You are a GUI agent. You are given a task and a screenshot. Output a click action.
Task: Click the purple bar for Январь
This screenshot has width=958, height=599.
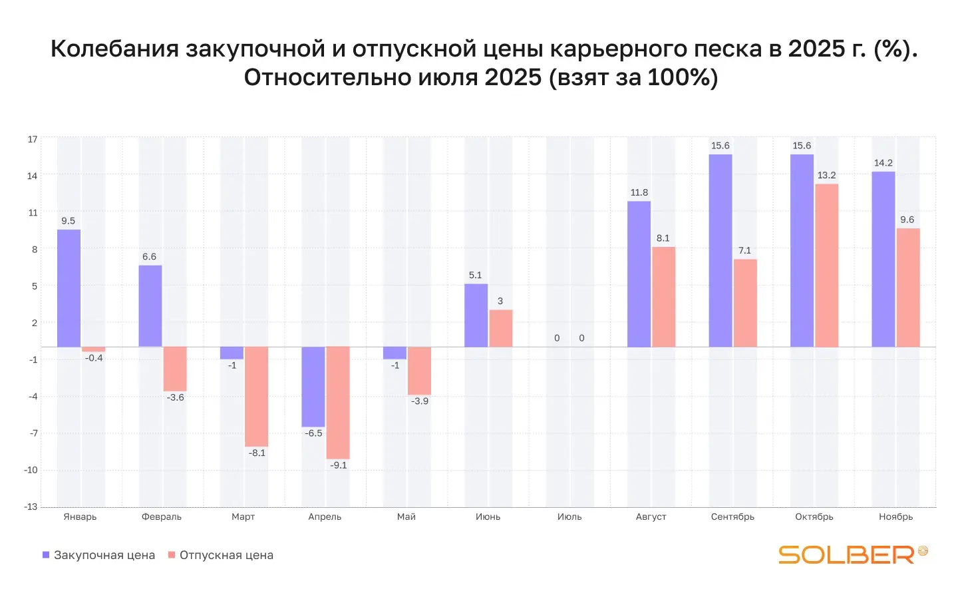69,288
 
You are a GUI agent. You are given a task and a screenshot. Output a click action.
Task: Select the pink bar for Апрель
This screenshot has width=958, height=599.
338,403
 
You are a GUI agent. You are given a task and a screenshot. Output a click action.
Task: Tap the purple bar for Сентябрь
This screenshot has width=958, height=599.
720,250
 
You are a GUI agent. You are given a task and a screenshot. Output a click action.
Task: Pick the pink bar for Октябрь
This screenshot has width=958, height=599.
827,265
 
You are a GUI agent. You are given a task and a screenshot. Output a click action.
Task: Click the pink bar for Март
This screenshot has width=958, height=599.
256,397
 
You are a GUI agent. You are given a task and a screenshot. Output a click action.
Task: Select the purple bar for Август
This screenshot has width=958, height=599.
639,274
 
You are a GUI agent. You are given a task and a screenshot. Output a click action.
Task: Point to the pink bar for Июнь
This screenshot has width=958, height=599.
501,328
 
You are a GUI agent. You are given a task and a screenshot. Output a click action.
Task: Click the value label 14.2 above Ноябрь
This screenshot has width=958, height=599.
883,163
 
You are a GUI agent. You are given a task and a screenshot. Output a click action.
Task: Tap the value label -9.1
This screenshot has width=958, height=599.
339,465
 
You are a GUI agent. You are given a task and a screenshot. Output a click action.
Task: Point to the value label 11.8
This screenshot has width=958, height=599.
639,193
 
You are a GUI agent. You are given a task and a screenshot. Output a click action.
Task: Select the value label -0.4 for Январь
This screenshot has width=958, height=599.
94,358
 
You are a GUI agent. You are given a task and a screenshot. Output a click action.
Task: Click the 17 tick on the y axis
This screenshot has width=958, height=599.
33,139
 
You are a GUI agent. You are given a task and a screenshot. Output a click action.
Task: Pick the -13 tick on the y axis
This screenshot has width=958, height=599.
31,506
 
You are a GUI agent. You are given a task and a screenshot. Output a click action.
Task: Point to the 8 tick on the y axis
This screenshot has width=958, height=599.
35,250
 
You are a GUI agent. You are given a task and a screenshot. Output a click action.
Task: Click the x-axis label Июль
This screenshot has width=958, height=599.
569,517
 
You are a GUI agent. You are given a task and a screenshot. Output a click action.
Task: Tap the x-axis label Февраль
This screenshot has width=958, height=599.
162,517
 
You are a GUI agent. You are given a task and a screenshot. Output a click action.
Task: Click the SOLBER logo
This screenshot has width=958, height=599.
852,554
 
